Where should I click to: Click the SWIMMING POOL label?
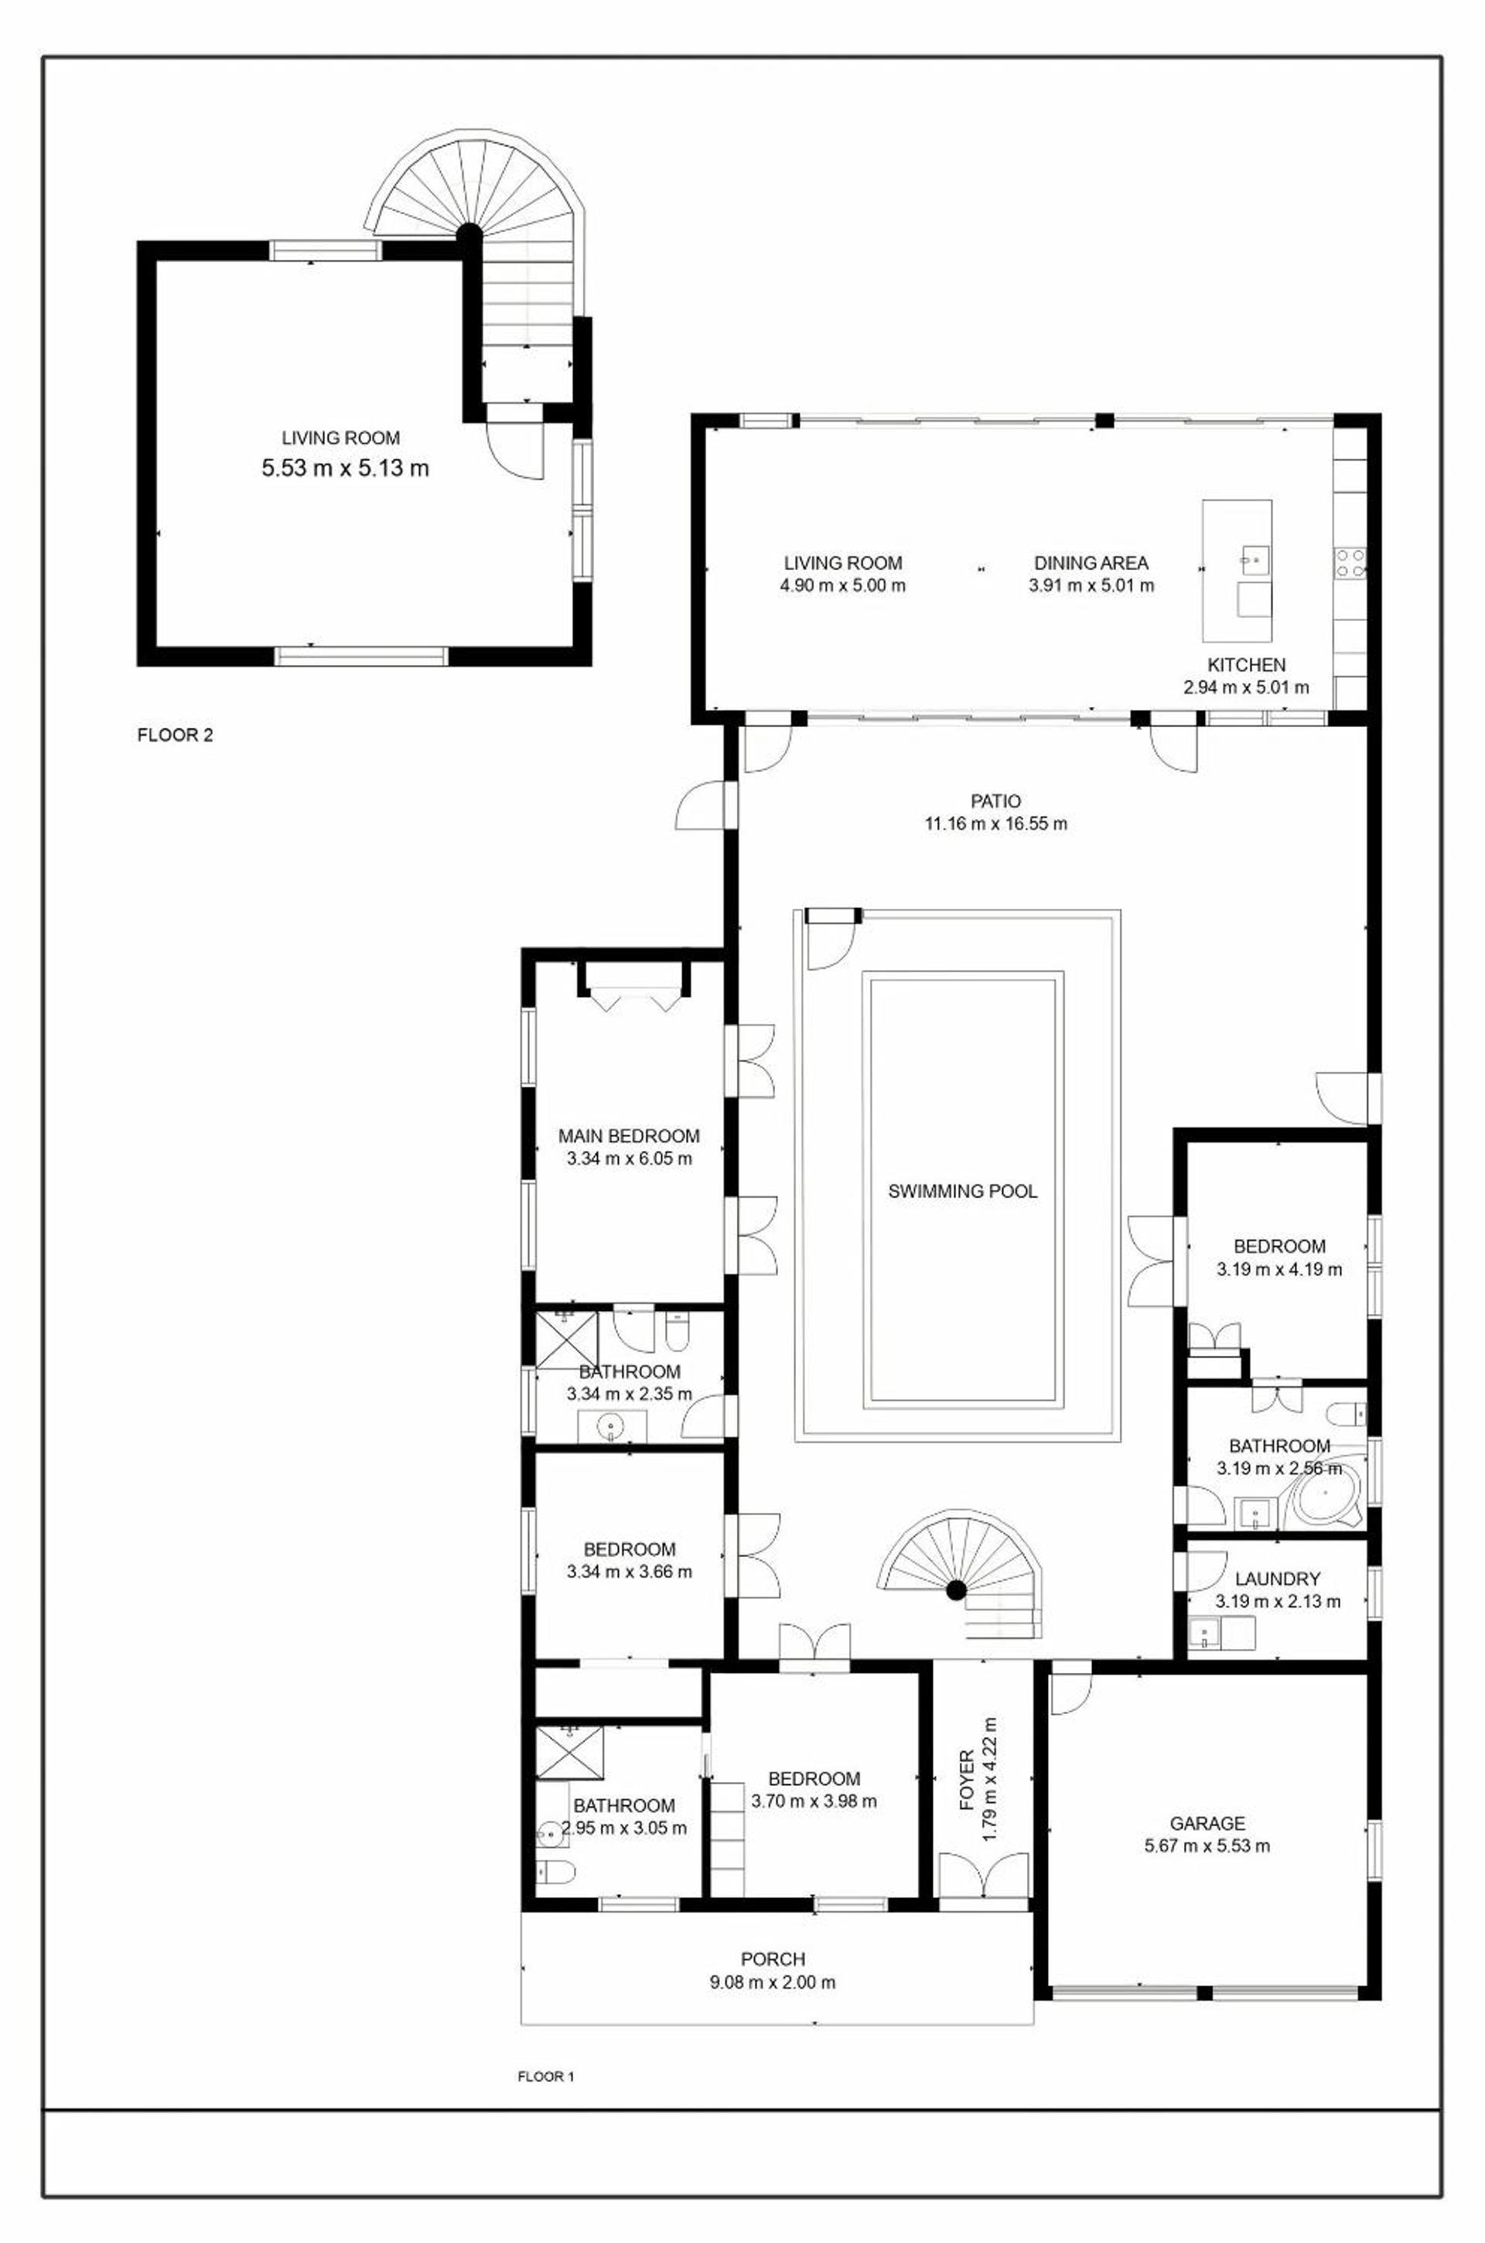962,1192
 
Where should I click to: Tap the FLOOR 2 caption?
176,734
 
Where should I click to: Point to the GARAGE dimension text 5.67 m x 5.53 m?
1207,1845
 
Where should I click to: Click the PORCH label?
773,1959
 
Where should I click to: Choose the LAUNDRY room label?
1278,1579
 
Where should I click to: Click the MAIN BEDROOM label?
629,1136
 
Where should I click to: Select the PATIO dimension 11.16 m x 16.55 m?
996,824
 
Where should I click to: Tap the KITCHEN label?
1246,664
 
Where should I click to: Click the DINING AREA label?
1091,562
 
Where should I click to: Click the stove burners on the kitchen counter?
1350,563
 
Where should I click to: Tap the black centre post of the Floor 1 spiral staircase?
956,1588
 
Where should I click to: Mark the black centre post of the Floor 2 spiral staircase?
468,233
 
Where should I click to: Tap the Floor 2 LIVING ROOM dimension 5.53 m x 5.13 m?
346,468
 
